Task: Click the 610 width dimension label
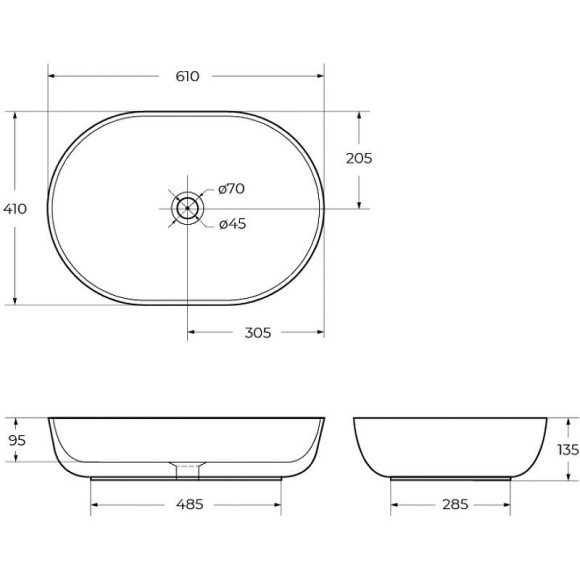(187, 76)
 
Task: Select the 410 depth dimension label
(15, 209)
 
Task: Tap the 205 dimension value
(359, 158)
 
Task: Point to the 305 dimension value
(258, 333)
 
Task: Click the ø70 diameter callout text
(232, 189)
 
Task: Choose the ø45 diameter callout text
(232, 224)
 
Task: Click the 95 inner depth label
(17, 441)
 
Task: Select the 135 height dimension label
(568, 450)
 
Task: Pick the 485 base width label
(189, 504)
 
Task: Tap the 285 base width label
(455, 504)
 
